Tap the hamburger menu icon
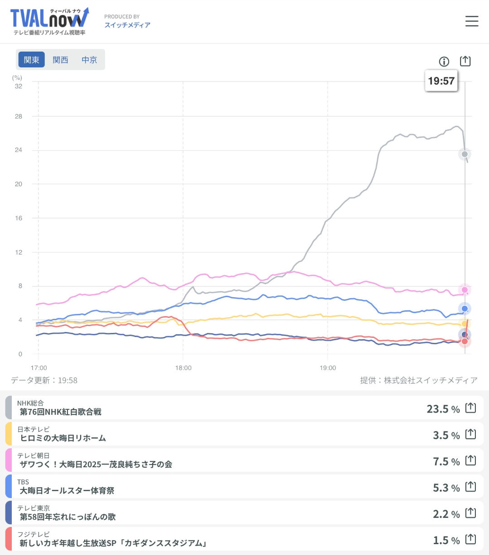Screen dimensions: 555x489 tap(471, 21)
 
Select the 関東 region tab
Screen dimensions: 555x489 tap(32, 60)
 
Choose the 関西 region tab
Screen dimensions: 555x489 tap(60, 60)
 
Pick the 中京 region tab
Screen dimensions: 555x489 tap(89, 60)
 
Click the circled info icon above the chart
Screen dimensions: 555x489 tap(444, 62)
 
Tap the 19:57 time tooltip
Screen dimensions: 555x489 tap(441, 81)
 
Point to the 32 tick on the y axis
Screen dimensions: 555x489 tap(19, 86)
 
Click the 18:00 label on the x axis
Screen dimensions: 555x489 tap(183, 368)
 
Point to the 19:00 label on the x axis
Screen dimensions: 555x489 tap(328, 368)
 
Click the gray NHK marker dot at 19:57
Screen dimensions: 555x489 tap(465, 154)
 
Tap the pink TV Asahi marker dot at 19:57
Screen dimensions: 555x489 tap(465, 289)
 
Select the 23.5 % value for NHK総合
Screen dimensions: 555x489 tap(443, 409)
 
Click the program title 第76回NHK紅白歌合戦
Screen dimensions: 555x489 tap(61, 412)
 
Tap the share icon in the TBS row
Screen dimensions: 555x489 tap(471, 487)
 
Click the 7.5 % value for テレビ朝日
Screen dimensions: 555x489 tap(446, 461)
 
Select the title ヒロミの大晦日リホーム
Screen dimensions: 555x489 tap(63, 438)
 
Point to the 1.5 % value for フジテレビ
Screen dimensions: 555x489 tap(446, 540)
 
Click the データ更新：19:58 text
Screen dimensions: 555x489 tap(44, 380)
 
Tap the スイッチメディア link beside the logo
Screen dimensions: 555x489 tap(127, 25)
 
